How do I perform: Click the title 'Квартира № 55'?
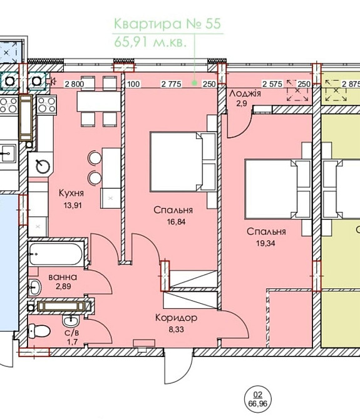click(x=167, y=24)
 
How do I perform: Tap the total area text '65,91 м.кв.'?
click(x=150, y=42)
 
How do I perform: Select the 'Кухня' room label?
click(x=71, y=193)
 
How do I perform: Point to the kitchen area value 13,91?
click(x=73, y=205)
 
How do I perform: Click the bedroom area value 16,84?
click(x=176, y=222)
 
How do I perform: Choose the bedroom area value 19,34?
click(x=265, y=243)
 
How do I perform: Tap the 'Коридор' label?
click(x=177, y=318)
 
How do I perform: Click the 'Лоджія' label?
click(x=245, y=93)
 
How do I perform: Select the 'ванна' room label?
click(x=63, y=277)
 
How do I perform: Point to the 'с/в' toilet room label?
click(x=71, y=333)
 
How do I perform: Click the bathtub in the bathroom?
click(x=56, y=254)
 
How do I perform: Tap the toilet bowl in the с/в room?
click(x=39, y=331)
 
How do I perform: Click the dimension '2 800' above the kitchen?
click(x=75, y=84)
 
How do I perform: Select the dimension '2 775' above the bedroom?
click(x=171, y=84)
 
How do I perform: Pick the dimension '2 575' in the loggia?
click(x=272, y=84)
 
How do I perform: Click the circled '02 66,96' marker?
click(x=257, y=399)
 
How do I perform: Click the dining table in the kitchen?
click(x=99, y=101)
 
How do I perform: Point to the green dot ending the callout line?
click(x=195, y=83)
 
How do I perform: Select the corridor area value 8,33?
click(x=177, y=330)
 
